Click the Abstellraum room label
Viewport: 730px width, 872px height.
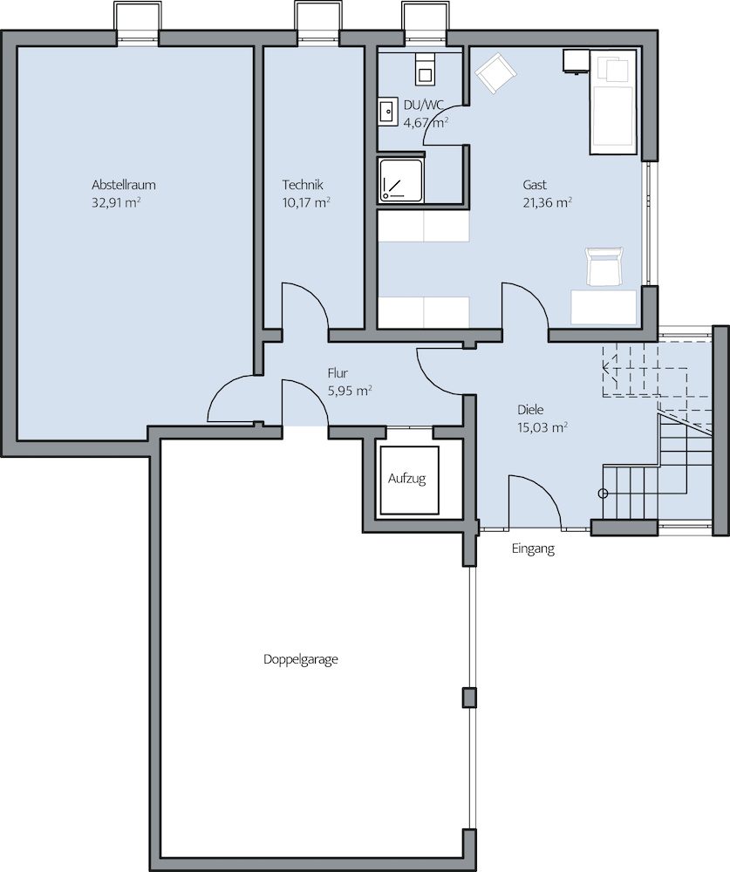click(124, 185)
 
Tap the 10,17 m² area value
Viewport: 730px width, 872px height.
click(306, 202)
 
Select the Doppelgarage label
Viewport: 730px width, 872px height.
click(300, 660)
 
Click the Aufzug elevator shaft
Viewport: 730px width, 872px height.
click(407, 479)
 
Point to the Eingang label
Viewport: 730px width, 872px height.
click(533, 549)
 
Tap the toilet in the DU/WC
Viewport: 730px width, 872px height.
click(426, 70)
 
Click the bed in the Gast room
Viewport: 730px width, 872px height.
click(612, 102)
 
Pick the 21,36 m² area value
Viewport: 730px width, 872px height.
click(548, 202)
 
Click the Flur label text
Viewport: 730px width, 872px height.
click(338, 373)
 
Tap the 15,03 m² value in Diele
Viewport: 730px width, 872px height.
click(542, 427)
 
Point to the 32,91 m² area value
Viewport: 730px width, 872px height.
click(116, 202)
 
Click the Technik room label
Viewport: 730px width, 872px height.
click(303, 185)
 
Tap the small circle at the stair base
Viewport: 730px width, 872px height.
click(602, 494)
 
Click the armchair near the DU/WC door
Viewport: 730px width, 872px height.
click(495, 73)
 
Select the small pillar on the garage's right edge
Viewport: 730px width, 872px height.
click(469, 697)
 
